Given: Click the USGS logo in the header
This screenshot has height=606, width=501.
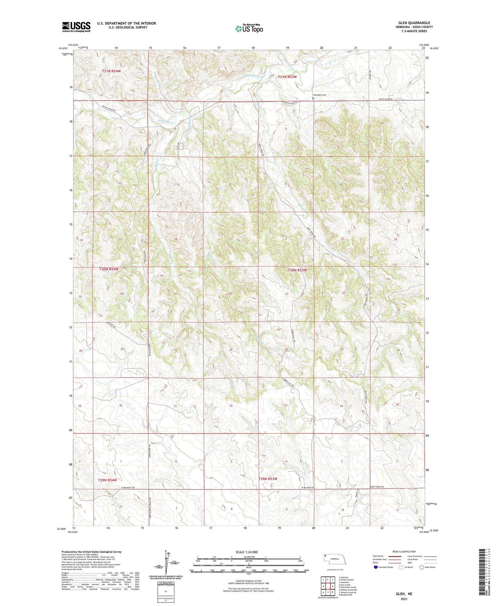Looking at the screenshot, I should coord(76,27).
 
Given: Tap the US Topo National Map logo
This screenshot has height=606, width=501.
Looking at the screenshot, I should coord(249,28).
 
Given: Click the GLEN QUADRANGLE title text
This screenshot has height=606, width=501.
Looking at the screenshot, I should coord(414,23).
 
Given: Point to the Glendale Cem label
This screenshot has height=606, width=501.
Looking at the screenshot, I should coord(320,95).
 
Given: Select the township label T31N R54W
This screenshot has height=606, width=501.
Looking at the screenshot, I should coord(111,71).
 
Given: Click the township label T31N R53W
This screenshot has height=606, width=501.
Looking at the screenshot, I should coord(287,77).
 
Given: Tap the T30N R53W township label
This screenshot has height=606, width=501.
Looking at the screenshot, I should coord(297,270).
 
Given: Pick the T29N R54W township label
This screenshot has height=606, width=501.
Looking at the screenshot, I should coord(107,480).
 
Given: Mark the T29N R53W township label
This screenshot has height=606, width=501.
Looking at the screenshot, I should coord(268,479).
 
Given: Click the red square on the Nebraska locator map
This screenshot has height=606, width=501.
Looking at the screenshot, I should coord(326,555).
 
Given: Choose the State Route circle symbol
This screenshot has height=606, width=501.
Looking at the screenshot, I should coord(422,567).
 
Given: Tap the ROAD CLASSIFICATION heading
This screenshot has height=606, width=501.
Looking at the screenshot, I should coord(404,552).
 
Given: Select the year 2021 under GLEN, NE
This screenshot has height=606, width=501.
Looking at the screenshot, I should coord(404,599).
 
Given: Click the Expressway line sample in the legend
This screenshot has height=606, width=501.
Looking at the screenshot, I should coord(395,556).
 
